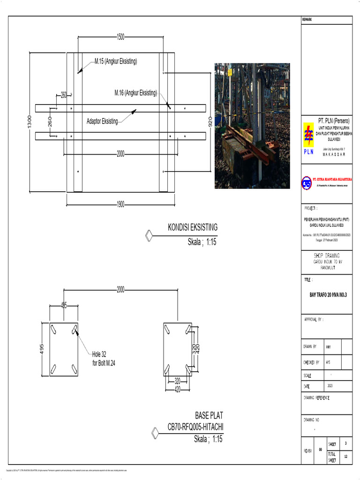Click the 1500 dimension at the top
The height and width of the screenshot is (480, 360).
click(120, 37)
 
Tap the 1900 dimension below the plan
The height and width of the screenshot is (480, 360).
click(120, 205)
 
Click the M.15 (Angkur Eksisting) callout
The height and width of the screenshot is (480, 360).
click(116, 61)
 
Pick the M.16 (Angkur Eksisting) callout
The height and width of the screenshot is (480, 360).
click(136, 93)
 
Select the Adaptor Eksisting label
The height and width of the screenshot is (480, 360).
click(102, 121)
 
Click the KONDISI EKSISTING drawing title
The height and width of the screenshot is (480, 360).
click(193, 228)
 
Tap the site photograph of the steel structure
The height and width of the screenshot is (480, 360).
click(252, 126)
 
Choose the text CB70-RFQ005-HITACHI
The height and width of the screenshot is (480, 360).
click(195, 427)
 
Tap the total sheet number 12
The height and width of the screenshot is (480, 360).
click(346, 456)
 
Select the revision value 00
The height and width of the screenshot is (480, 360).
click(320, 449)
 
